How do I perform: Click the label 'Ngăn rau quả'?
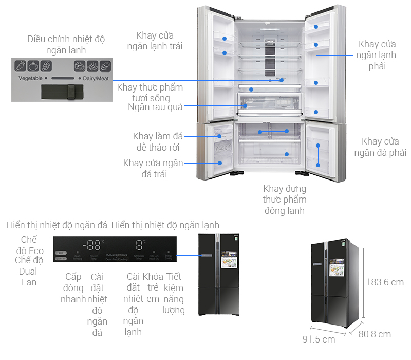[155, 107]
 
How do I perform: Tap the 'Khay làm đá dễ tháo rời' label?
[157, 142]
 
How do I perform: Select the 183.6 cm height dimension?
[385, 282]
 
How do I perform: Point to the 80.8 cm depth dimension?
[375, 334]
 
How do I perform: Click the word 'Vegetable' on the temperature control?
[30, 78]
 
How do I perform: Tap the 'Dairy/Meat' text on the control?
[94, 78]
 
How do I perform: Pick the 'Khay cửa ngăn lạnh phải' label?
[377, 56]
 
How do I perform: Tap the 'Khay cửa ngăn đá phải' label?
[379, 147]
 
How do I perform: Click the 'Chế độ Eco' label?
[29, 245]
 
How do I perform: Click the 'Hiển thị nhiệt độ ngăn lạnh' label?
[165, 225]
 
